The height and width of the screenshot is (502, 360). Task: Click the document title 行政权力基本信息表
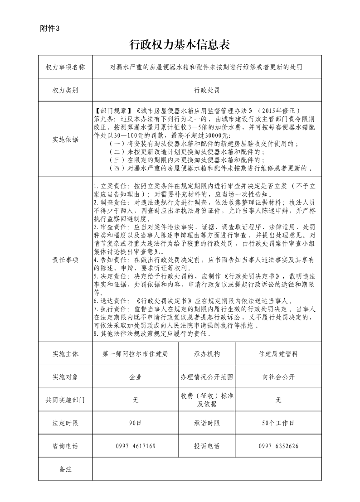click(180, 44)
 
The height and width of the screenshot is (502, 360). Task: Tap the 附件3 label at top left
click(50, 29)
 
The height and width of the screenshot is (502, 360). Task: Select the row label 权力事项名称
click(65, 67)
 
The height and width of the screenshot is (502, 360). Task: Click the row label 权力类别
click(65, 90)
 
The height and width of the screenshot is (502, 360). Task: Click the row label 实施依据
click(65, 140)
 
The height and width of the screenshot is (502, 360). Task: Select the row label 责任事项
click(65, 260)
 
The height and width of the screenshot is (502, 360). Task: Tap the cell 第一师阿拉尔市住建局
click(136, 354)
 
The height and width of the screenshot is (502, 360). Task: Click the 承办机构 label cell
click(207, 354)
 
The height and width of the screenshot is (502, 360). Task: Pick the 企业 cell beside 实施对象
click(136, 377)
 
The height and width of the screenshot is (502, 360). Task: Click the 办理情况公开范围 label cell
click(207, 377)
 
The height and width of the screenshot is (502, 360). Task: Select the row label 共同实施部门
click(65, 400)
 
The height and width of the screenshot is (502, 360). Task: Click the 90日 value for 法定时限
click(136, 423)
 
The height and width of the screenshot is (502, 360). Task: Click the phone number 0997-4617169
click(136, 446)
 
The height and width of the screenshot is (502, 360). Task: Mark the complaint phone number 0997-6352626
click(278, 446)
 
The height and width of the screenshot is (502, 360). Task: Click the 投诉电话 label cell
click(207, 446)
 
